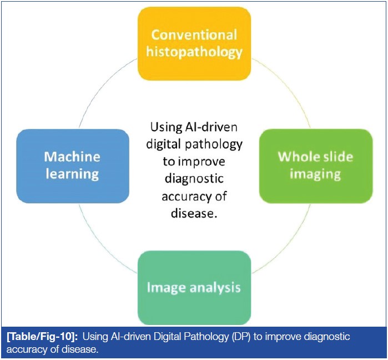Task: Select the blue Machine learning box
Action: tap(73, 165)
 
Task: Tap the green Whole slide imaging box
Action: tap(315, 165)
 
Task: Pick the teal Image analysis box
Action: tap(194, 287)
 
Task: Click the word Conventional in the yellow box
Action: tap(194, 34)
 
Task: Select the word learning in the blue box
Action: tap(73, 174)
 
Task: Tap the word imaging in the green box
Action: tap(315, 174)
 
